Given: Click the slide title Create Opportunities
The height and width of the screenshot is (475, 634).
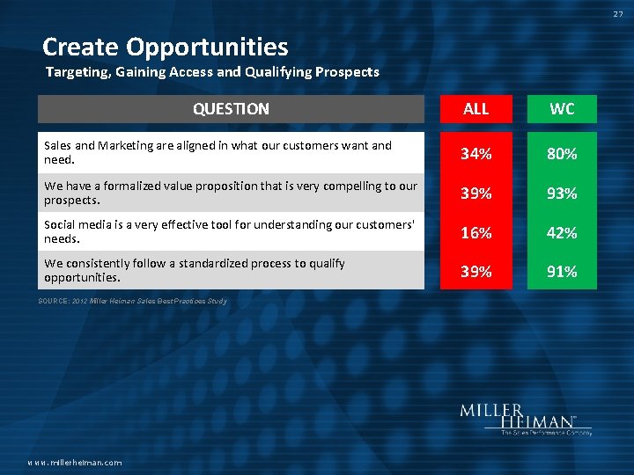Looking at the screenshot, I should (x=165, y=47).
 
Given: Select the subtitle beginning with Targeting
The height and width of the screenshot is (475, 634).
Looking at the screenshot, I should (x=211, y=72).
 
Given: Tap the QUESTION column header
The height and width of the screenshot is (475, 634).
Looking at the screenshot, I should (x=231, y=109).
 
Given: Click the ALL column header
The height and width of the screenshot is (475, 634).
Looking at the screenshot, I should (x=475, y=109).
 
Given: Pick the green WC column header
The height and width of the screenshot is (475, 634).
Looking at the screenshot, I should (x=562, y=109).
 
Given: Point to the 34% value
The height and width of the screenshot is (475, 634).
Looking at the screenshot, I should (x=475, y=154).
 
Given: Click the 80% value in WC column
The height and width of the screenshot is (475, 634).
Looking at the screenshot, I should (x=562, y=154).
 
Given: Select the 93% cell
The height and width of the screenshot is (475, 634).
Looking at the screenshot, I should (x=562, y=194).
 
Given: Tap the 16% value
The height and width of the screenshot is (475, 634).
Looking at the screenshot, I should (x=475, y=232).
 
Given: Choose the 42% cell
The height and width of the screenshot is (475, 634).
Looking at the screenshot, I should (x=562, y=232).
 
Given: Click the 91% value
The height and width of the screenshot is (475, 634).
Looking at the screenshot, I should (x=562, y=272).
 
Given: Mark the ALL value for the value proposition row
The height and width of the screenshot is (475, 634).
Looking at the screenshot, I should (x=475, y=194).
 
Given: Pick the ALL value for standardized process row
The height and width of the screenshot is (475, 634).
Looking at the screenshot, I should (x=475, y=272).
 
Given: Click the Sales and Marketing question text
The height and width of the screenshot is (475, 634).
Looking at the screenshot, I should (x=217, y=152).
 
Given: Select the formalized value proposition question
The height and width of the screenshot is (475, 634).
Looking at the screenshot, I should (x=230, y=192).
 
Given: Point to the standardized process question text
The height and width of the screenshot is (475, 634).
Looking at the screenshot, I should (x=194, y=270).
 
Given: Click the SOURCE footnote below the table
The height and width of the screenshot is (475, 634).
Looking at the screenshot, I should (x=132, y=302).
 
